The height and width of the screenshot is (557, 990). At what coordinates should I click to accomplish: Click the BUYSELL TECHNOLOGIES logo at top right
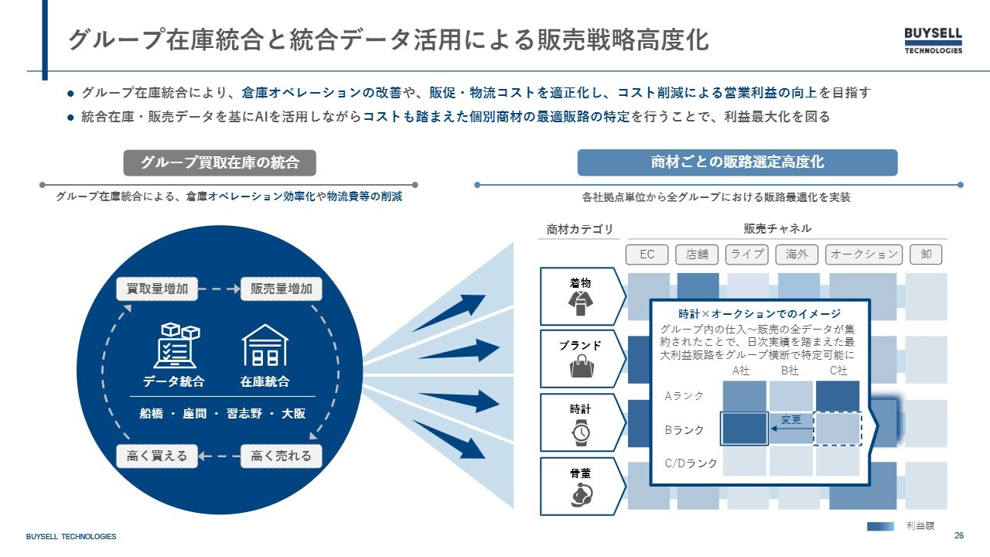pos(933,41)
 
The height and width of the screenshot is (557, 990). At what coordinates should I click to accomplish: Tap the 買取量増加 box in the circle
pos(157,289)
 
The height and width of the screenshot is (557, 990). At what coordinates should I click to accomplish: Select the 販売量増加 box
pos(281,289)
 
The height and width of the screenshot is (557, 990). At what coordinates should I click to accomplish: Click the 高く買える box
pos(157,456)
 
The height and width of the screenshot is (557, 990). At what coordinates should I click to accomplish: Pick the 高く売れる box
pos(281,456)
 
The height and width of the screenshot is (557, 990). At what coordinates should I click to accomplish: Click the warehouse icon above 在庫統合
pos(265,346)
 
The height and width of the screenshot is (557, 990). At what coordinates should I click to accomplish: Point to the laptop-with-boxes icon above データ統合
pos(176,345)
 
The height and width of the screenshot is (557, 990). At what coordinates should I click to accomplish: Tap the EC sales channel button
pos(647,255)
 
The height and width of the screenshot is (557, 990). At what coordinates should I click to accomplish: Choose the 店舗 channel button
pos(697,255)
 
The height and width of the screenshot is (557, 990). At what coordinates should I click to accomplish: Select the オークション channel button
pos(864,255)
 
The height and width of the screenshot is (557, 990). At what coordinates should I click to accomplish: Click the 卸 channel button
pos(926,255)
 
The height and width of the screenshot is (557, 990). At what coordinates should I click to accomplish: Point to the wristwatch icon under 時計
pos(581,432)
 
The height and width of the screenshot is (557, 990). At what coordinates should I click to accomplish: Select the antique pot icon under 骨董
pos(582,495)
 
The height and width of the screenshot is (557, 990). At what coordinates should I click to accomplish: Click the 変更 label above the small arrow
pos(791,419)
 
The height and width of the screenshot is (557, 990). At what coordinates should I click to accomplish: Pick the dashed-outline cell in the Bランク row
pos(838,429)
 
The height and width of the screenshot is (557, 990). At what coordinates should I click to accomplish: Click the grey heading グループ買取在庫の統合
pos(220,162)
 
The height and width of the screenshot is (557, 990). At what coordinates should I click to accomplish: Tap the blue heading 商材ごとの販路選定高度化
pos(737,162)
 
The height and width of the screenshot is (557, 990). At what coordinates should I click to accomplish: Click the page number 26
pos(958,535)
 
